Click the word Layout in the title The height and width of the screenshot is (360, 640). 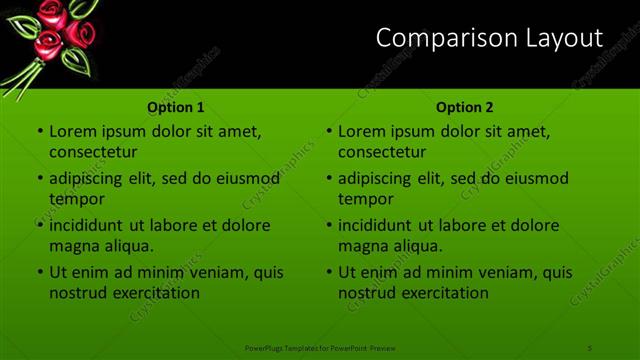[565, 38]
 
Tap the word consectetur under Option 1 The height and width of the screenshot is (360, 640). [93, 152]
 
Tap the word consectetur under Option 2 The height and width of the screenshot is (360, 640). [382, 152]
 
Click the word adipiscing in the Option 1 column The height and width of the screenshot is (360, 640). [90, 178]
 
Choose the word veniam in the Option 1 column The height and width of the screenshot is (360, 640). [213, 272]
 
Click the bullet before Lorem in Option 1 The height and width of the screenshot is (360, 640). [39, 132]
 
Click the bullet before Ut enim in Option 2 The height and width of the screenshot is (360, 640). [328, 273]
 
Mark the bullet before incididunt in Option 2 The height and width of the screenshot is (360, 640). [328, 226]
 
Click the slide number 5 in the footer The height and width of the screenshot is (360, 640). [590, 347]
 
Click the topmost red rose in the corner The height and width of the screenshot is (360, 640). [52, 12]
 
